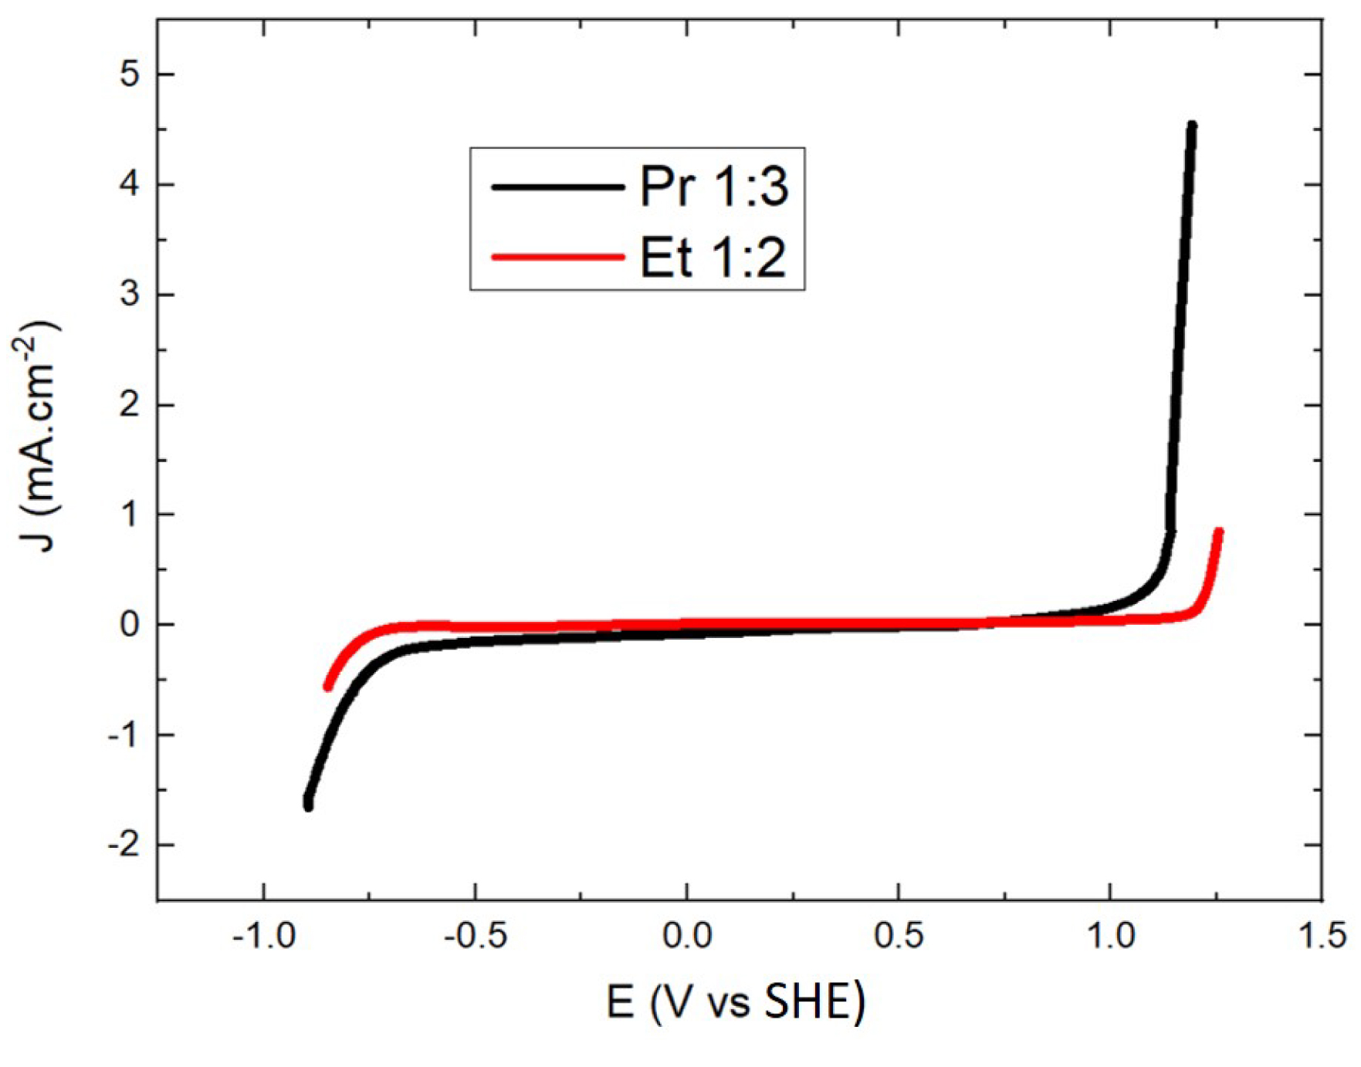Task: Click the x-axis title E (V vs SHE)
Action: point(736,1002)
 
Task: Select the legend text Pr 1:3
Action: point(714,187)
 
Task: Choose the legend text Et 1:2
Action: point(713,257)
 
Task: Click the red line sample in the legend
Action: point(557,257)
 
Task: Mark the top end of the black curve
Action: point(1192,125)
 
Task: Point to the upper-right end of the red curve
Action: point(1219,532)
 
